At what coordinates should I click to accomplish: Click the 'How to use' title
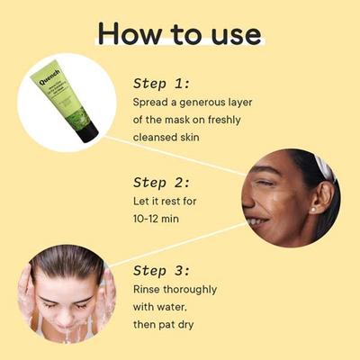[179, 33]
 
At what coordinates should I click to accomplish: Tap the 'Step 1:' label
[161, 83]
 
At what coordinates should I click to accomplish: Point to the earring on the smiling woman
[315, 210]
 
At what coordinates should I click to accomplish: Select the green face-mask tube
[65, 99]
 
